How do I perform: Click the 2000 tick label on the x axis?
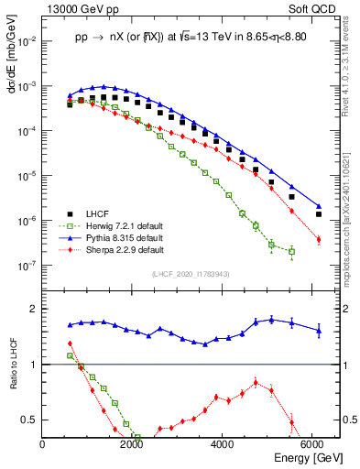tap(134, 444)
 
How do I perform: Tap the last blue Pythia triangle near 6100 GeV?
tap(318, 206)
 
